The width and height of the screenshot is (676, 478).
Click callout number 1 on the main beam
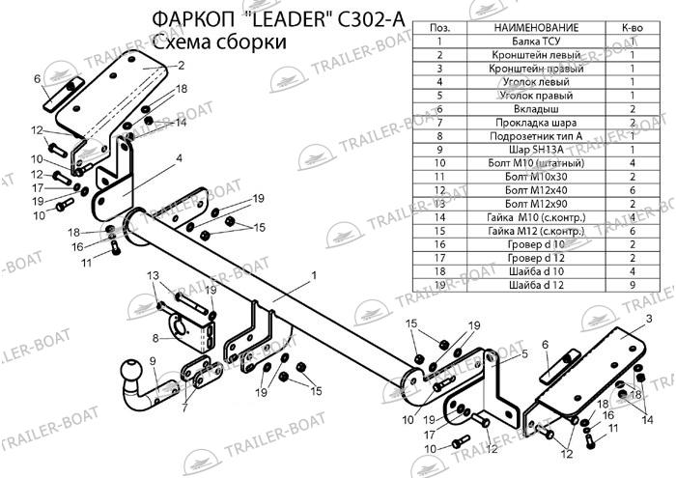(314, 275)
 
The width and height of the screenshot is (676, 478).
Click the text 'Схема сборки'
(218, 42)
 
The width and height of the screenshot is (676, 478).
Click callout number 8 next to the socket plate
(155, 337)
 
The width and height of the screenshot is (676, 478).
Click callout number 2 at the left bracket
(180, 66)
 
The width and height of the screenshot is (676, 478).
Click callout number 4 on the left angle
(179, 157)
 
